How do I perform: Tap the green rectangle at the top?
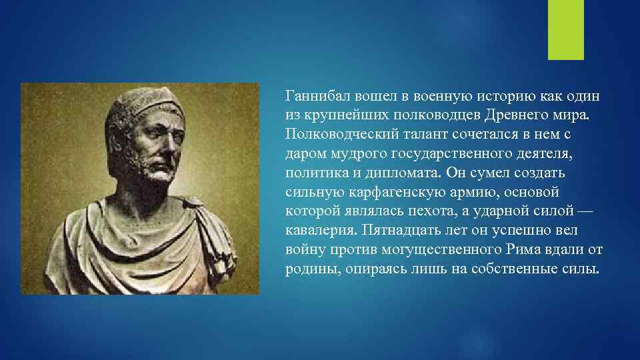coord(565,30)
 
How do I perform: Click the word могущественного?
coord(439,251)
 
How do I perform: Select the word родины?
coord(311,270)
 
